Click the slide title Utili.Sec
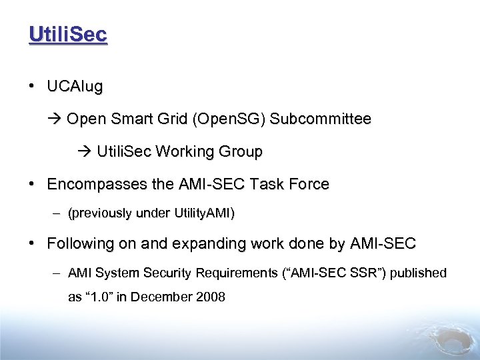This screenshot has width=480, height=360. click(67, 34)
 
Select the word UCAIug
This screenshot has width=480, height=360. click(75, 87)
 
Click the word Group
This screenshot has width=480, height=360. click(241, 152)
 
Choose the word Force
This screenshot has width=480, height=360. click(309, 184)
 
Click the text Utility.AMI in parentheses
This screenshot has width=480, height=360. click(203, 214)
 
